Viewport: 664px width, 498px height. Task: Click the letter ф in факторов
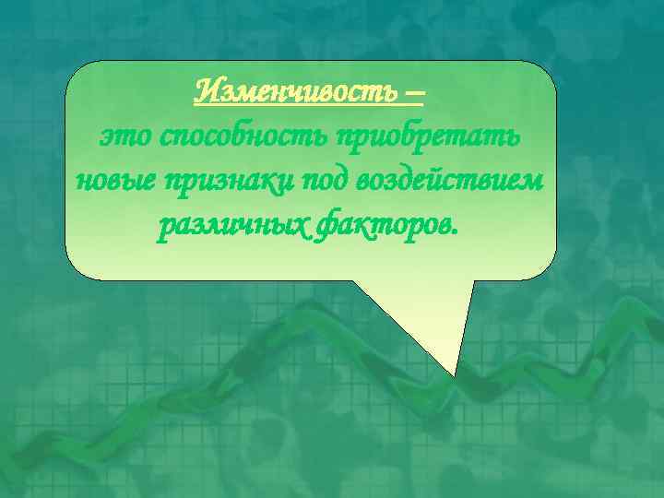[325, 225]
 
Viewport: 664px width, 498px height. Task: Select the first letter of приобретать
[347, 139]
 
